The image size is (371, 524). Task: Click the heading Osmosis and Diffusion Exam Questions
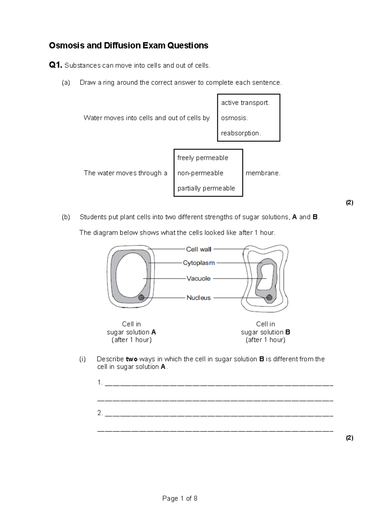pos(128,45)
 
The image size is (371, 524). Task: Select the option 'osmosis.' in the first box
pos(234,118)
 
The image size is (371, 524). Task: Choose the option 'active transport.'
pos(245,103)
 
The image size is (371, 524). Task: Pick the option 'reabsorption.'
pos(241,133)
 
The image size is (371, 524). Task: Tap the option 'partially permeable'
pos(206,188)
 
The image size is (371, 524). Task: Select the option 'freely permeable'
pos(203,158)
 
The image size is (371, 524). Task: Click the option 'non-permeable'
pos(200,173)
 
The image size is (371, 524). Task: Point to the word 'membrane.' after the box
pos(263,173)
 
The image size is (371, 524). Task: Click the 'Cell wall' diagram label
pos(198,249)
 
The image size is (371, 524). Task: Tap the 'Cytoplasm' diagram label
pos(198,263)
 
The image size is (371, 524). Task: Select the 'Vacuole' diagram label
pos(198,279)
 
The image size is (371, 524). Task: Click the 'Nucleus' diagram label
pos(198,298)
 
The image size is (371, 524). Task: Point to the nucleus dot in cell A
pos(141,298)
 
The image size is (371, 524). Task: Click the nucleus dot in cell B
pos(269,298)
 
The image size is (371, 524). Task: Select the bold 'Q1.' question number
pos(56,65)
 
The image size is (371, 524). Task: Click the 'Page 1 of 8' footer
pos(180,498)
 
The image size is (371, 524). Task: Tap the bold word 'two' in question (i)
pos(131,359)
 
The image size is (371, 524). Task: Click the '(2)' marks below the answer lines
pos(349,438)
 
